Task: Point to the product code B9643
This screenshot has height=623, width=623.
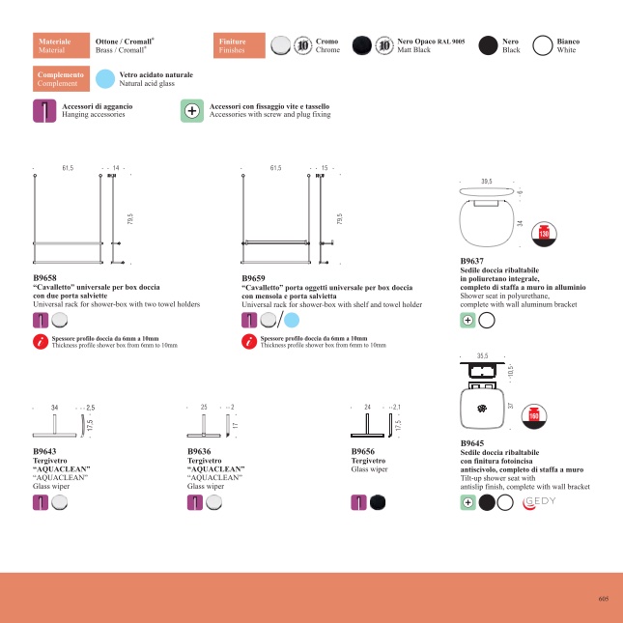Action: [x=45, y=451]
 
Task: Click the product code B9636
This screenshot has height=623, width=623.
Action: [x=200, y=451]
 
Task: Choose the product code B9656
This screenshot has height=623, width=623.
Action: [x=364, y=451]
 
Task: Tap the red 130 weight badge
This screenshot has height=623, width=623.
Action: [x=544, y=234]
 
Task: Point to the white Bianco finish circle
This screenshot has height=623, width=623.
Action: [x=543, y=45]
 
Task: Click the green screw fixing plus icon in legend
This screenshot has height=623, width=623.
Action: [x=191, y=110]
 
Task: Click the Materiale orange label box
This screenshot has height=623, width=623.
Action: [x=60, y=45]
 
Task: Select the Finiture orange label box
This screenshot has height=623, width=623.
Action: [x=240, y=45]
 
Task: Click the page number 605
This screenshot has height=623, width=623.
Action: [x=603, y=599]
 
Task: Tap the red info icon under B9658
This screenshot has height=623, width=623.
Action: [x=41, y=341]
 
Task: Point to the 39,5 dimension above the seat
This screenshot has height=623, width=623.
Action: [x=487, y=181]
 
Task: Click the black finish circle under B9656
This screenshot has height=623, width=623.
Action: [x=377, y=501]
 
